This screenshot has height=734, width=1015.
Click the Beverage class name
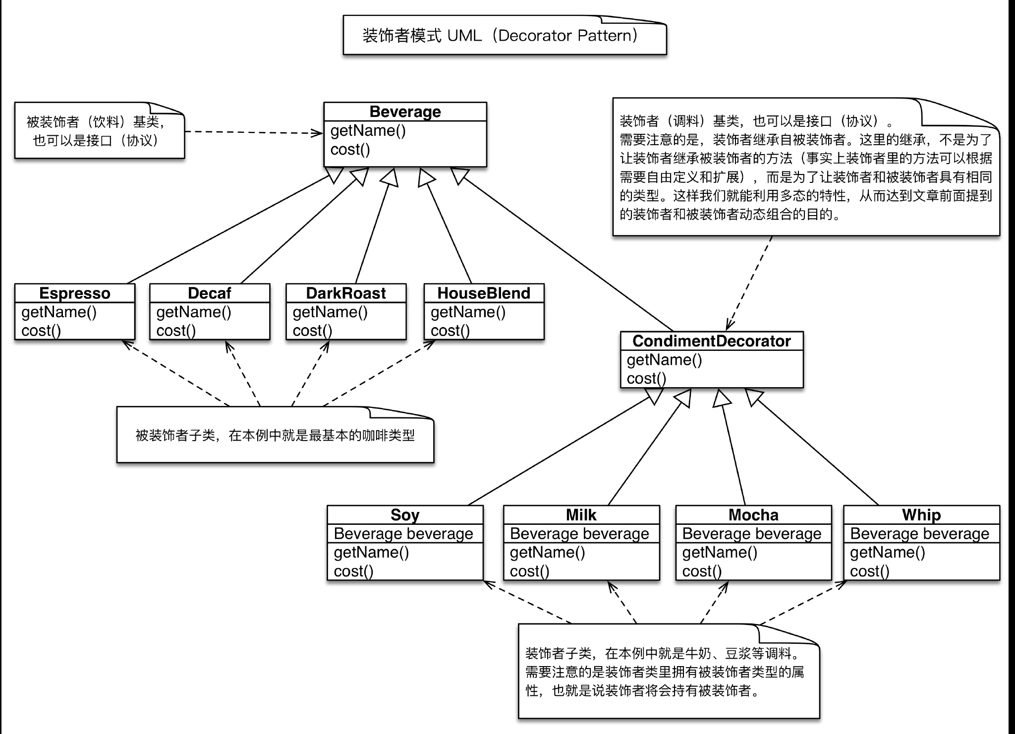[x=405, y=112]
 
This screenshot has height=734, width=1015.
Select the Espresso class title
[x=74, y=293]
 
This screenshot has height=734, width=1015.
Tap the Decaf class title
[x=209, y=293]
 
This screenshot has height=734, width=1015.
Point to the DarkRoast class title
[x=345, y=293]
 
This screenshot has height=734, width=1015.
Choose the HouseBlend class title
[x=483, y=293]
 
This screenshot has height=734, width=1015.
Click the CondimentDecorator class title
[x=711, y=341]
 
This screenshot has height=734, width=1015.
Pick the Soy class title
[x=404, y=515]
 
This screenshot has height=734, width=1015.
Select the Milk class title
[x=581, y=515]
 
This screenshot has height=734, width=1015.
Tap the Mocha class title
[x=753, y=515]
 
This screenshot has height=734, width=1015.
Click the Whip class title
[x=921, y=515]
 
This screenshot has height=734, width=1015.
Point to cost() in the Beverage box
[x=350, y=150]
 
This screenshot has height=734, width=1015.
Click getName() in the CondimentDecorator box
[x=664, y=360]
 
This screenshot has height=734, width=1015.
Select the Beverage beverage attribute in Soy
[x=403, y=534]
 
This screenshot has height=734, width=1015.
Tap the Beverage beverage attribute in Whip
[x=919, y=534]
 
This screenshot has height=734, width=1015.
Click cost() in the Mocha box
[x=702, y=571]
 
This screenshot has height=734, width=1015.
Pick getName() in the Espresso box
[x=59, y=312]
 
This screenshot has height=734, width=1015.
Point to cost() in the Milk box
[x=529, y=571]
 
